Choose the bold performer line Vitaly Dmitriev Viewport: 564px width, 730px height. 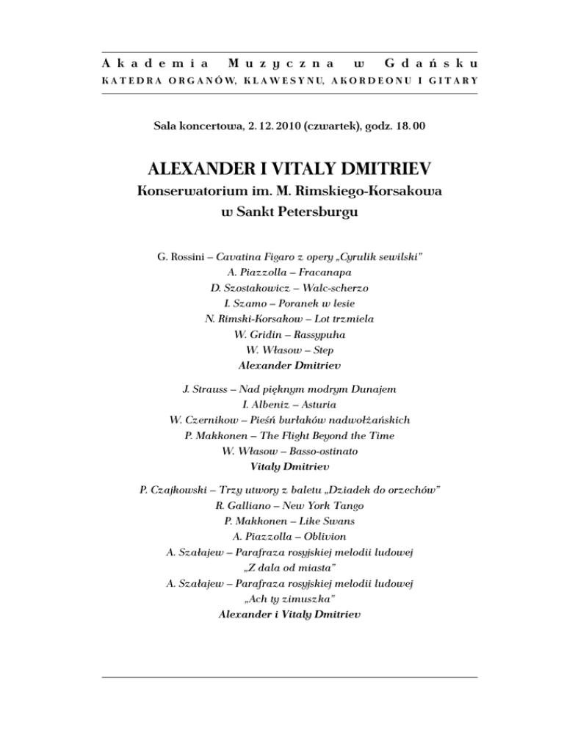pos(282,466)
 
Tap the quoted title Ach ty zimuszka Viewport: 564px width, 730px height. pos(282,599)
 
